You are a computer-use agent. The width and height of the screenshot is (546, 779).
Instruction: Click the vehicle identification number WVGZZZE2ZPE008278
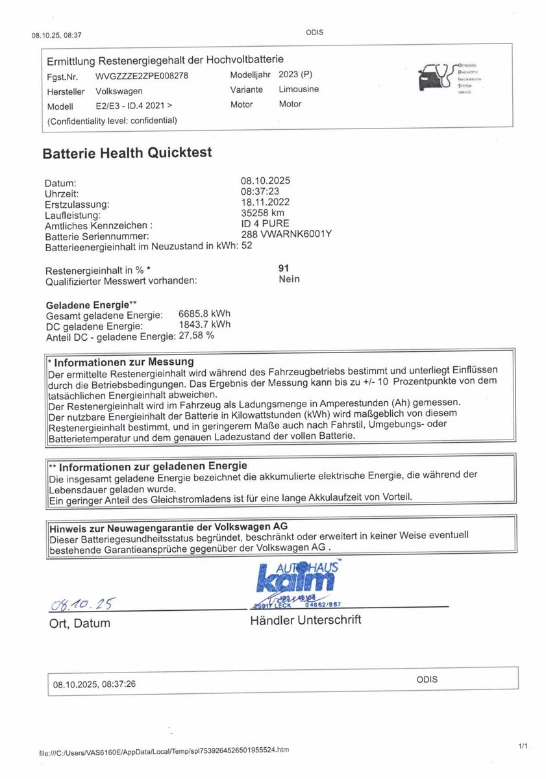(x=142, y=76)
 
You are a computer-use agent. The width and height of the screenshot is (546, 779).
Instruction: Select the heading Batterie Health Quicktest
(x=127, y=153)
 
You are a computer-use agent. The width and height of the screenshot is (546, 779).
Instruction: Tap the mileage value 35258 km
(x=262, y=212)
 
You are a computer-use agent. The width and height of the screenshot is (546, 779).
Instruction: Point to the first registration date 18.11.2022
(x=265, y=202)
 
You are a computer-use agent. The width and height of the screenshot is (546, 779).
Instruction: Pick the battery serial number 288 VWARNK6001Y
(x=286, y=234)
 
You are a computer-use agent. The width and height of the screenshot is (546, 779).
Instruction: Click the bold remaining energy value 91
(x=283, y=267)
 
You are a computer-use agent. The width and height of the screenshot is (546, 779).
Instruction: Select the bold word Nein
(x=289, y=279)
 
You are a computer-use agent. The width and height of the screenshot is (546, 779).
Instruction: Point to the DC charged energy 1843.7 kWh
(x=204, y=325)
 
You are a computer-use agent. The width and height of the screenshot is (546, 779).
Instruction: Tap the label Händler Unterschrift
(x=305, y=620)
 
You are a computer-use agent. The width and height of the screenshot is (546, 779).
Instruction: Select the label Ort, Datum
(x=79, y=624)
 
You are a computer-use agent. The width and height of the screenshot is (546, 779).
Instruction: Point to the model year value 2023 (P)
(x=299, y=75)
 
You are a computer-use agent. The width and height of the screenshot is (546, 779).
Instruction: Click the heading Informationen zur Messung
(x=123, y=362)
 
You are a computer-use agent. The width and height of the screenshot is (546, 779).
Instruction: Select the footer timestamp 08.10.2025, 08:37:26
(x=95, y=684)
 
